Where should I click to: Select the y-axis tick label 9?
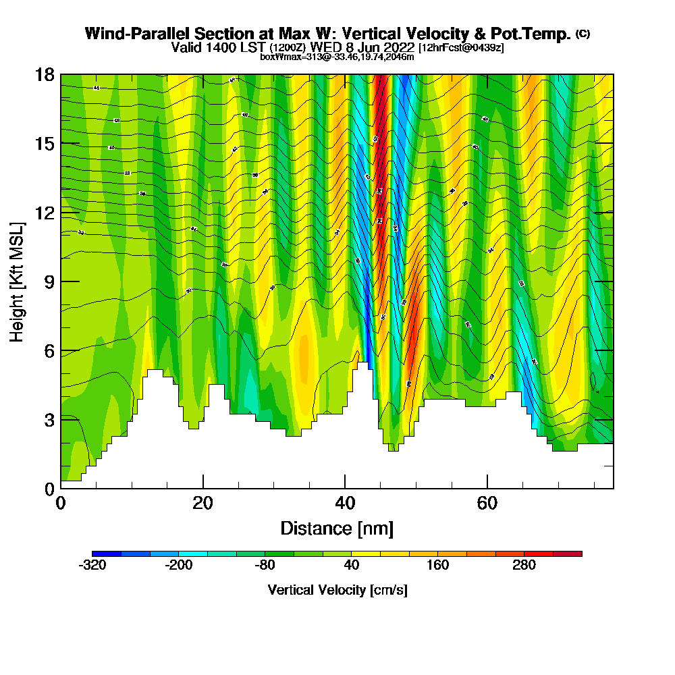[49, 281]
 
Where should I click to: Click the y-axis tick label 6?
[49, 351]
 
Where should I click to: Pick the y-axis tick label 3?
[49, 420]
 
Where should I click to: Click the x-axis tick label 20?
[202, 503]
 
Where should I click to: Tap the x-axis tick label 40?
[344, 503]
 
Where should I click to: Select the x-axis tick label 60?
[487, 503]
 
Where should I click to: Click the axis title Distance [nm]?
[337, 528]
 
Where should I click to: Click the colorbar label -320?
[92, 566]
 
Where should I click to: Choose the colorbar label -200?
[178, 566]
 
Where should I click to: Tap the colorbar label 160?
[438, 566]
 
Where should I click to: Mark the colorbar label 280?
[524, 566]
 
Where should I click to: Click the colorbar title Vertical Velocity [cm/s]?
[337, 590]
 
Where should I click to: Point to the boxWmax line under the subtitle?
[337, 57]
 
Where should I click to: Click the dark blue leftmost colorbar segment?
[107, 553]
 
